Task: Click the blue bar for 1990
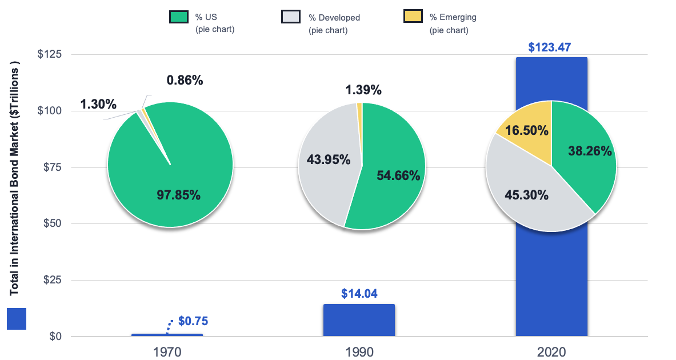click(359, 320)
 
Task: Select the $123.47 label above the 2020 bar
click(551, 47)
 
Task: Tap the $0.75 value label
click(193, 321)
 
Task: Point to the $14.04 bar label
click(359, 294)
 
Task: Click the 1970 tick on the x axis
click(167, 351)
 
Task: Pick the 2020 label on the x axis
click(551, 351)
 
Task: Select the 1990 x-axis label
click(359, 351)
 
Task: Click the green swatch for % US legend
click(179, 17)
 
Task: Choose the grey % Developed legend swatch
click(291, 17)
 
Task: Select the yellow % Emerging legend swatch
click(413, 17)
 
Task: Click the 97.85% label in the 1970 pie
click(178, 195)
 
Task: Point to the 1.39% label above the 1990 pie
click(363, 90)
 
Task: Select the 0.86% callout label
click(185, 81)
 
